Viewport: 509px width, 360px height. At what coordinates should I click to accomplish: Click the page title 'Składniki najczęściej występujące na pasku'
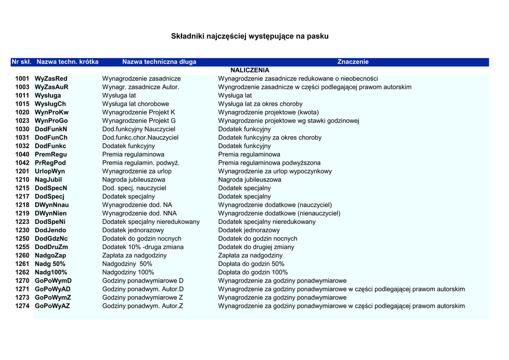click(x=250, y=36)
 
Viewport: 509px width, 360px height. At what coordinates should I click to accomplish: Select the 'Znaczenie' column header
click(x=353, y=62)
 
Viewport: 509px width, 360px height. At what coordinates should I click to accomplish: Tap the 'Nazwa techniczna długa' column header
click(x=159, y=62)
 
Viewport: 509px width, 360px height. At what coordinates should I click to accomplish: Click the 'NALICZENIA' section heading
click(x=250, y=70)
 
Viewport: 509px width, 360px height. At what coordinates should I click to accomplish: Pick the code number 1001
click(x=22, y=79)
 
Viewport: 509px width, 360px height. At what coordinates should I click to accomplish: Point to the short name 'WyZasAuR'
click(x=52, y=87)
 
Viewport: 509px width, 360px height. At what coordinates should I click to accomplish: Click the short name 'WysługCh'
click(x=50, y=104)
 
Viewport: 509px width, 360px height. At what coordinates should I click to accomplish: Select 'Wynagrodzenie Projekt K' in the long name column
click(x=139, y=112)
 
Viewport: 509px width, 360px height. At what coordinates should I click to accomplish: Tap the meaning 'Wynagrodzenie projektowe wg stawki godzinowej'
click(x=288, y=121)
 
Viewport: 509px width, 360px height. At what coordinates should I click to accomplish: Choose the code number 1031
click(x=22, y=138)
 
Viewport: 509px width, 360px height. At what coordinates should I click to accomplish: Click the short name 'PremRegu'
click(x=51, y=155)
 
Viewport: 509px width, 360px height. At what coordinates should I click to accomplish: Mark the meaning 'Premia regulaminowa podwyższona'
click(x=269, y=163)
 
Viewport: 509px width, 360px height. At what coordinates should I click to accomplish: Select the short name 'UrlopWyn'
click(x=50, y=172)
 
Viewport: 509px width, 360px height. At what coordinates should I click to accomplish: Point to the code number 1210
click(x=22, y=180)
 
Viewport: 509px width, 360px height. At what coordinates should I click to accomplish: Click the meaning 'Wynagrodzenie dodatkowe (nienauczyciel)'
click(x=279, y=213)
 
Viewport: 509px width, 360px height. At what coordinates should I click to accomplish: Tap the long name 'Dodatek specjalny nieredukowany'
click(x=151, y=222)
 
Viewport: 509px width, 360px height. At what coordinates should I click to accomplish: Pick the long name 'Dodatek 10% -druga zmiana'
click(x=143, y=247)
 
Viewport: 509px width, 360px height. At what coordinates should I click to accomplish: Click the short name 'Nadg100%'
click(x=51, y=272)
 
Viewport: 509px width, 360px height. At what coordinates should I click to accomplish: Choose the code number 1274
click(x=22, y=306)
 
